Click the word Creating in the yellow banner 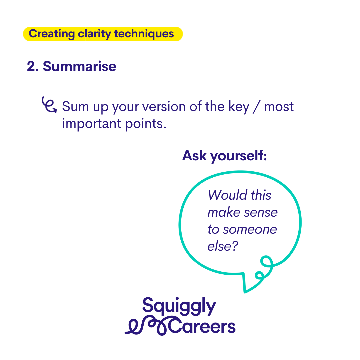pos(52,34)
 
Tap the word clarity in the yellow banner pos(94,34)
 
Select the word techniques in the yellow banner pos(144,34)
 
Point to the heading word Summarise pos(79,66)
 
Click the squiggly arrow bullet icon pos(49,105)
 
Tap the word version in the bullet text pos(164,107)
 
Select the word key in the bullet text pos(239,107)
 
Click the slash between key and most pos(257,107)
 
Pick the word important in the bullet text pos(92,124)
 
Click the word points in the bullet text pos(145,124)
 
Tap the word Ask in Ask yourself pos(194,156)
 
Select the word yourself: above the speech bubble pos(239,156)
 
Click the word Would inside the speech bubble pos(228,195)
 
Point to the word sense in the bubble pos(261,213)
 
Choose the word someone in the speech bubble pos(250,230)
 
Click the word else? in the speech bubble pos(223,246)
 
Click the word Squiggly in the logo pos(179,306)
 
